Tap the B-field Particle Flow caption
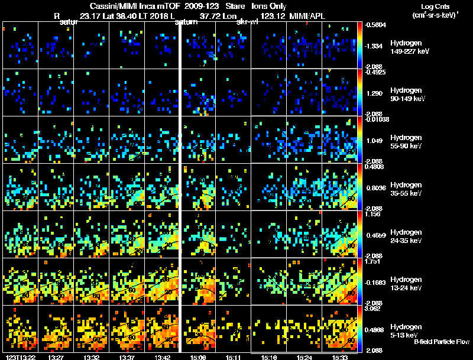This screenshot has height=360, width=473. click(442, 342)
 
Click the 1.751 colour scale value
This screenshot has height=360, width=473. click(375, 261)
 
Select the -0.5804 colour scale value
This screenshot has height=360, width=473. click(377, 25)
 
